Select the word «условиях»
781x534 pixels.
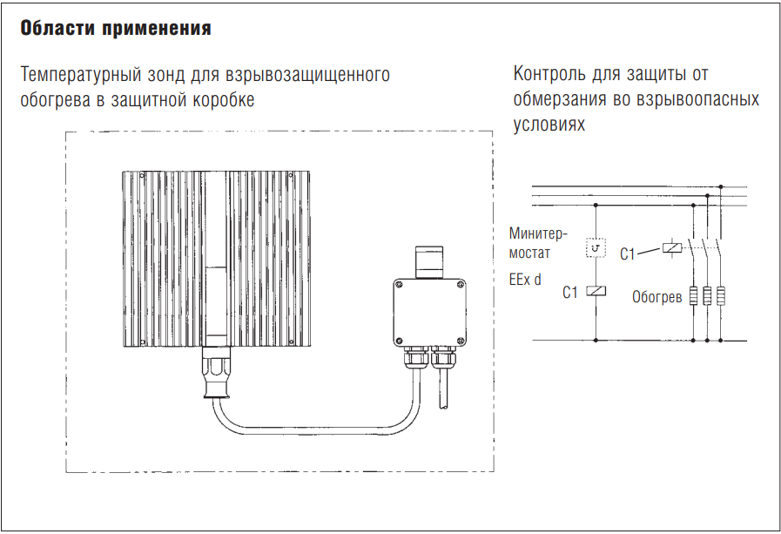(549, 125)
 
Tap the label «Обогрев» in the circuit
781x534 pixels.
(657, 297)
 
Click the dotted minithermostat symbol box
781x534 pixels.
(595, 251)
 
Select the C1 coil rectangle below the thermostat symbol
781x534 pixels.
(595, 292)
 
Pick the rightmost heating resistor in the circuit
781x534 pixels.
(721, 296)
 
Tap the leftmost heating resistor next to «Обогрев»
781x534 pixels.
(694, 296)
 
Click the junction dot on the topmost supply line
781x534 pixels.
(721, 186)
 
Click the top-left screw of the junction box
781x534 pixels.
(398, 284)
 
